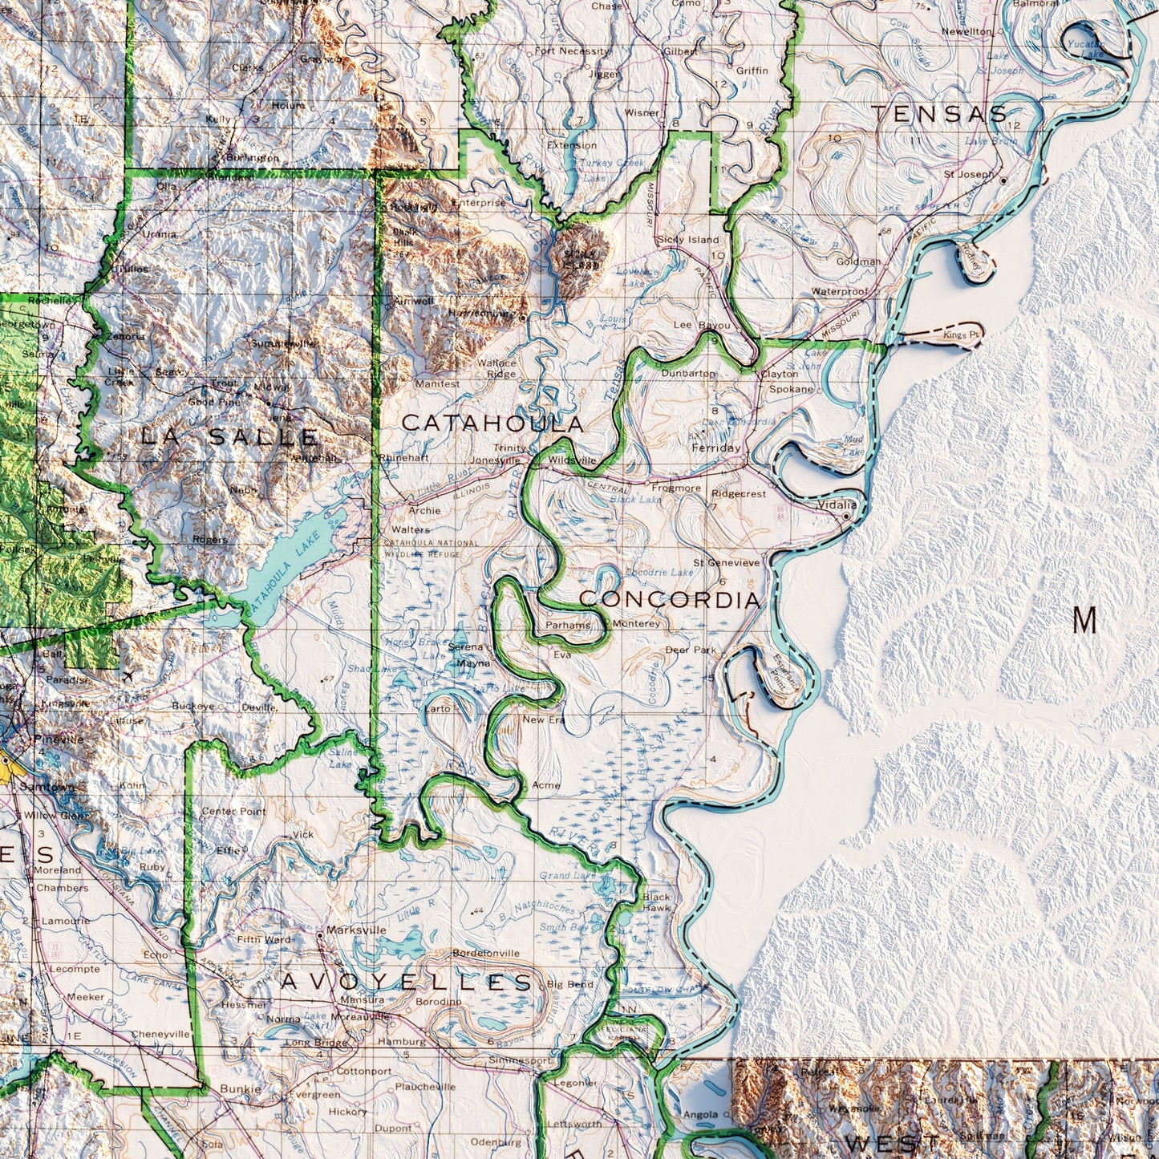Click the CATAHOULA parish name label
[x=492, y=423]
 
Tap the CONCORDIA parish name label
[x=669, y=599]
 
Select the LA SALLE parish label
[x=229, y=437]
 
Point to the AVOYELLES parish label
[x=406, y=982]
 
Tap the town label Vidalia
[x=837, y=505]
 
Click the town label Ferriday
[x=715, y=448]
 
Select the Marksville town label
[x=356, y=930]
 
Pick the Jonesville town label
[x=495, y=460]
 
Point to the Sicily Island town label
[x=687, y=240]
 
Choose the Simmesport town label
[x=520, y=1060]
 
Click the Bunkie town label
[x=240, y=1089]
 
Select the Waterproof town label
[x=839, y=292]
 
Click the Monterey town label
[x=636, y=623]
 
